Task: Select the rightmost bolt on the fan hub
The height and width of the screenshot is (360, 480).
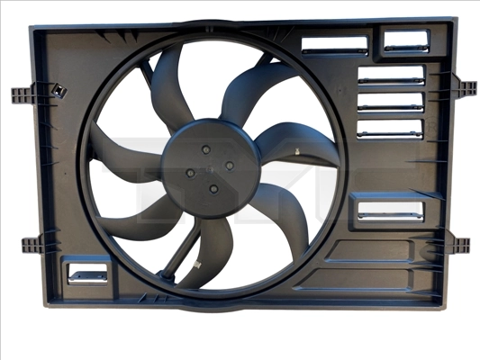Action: (x=230, y=165)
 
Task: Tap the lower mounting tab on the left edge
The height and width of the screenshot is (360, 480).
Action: (x=32, y=243)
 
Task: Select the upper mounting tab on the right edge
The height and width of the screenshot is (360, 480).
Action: (x=466, y=88)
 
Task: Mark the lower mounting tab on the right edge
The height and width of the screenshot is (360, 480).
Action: (x=459, y=243)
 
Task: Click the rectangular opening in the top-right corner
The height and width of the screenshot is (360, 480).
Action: (x=407, y=40)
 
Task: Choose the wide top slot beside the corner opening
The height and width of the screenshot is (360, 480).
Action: (x=334, y=45)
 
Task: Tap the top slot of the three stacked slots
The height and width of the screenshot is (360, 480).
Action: (x=391, y=76)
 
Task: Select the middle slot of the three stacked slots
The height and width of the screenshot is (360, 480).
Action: (x=390, y=102)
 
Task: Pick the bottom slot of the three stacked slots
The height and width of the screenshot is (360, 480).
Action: (x=390, y=128)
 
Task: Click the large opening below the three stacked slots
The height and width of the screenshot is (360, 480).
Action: (x=390, y=211)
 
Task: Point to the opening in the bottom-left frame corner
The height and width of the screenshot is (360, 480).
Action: (x=87, y=271)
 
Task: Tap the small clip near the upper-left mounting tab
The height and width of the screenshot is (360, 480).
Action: (x=60, y=90)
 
